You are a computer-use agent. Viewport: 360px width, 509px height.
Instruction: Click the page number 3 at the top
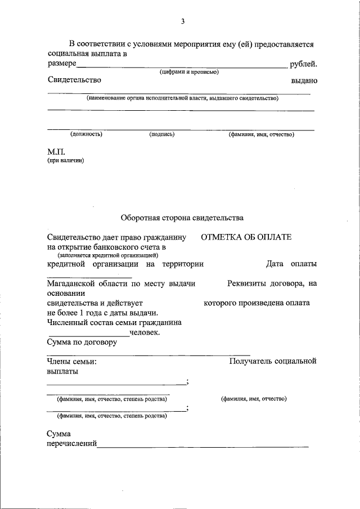(183, 21)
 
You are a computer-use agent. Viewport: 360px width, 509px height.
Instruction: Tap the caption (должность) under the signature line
(86, 134)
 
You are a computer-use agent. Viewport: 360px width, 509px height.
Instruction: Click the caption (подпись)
(162, 134)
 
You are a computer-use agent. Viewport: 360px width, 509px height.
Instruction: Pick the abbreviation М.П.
(57, 151)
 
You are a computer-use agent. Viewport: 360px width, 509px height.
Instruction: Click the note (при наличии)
(65, 160)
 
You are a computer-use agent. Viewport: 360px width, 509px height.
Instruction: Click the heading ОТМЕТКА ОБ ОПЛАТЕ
(246, 237)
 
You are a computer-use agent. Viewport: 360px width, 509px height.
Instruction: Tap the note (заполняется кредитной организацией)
(107, 255)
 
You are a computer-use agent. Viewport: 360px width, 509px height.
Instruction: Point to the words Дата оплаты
(291, 264)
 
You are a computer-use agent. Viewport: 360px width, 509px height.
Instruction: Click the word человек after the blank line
(145, 332)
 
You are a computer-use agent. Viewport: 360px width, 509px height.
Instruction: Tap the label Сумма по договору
(82, 342)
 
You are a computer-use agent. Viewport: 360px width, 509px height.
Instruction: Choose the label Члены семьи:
(71, 361)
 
